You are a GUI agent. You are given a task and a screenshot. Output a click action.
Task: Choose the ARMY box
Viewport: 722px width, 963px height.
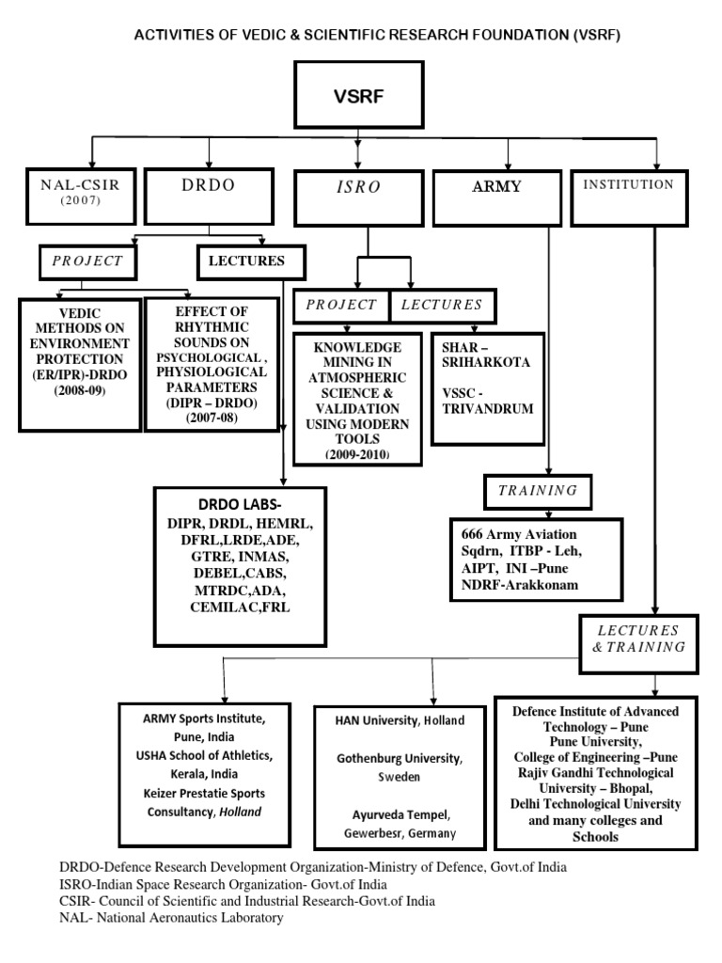point(496,194)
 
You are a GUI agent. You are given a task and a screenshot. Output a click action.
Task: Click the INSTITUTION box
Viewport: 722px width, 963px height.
point(628,194)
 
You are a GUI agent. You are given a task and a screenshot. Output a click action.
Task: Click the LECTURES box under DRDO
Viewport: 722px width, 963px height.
point(253,260)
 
